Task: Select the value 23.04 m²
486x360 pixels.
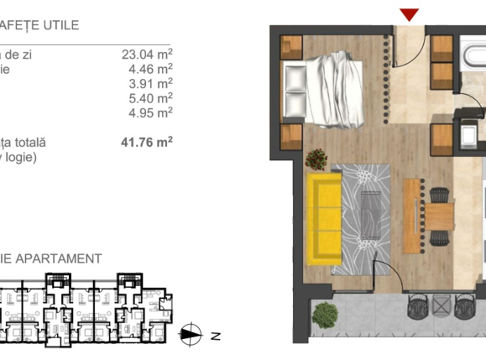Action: [x=147, y=55]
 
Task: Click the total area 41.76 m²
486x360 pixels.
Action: [x=147, y=142]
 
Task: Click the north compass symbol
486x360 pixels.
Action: [x=191, y=335]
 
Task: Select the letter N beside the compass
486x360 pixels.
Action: [x=215, y=336]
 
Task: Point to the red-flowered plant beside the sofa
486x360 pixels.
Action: [x=316, y=157]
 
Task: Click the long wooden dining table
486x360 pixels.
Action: [x=410, y=213]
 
